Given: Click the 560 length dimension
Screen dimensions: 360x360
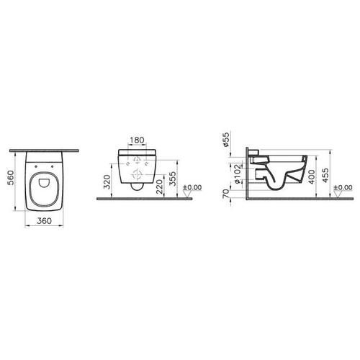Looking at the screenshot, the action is (11, 178).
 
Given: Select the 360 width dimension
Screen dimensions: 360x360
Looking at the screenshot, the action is (45, 221).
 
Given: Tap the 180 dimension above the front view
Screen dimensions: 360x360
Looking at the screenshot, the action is (137, 140).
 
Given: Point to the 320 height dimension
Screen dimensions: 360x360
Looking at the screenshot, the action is (107, 182).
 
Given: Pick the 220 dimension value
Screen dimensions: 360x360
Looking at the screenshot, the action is (159, 186).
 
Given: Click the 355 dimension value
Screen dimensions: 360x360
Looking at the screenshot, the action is (173, 179).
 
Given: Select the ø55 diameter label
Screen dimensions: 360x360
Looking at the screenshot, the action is (226, 140).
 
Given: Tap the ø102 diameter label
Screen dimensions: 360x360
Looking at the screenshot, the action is (237, 174).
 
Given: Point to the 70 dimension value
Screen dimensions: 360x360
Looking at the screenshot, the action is (226, 194).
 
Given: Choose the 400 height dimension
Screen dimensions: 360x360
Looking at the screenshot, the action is (312, 176).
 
